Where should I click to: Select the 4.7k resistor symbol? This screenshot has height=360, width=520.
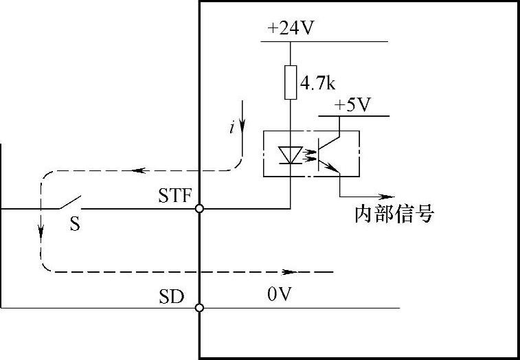point(290,83)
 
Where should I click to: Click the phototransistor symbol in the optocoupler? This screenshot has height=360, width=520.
point(330,153)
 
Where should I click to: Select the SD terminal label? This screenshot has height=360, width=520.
point(172,297)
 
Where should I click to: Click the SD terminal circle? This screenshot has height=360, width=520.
point(199,308)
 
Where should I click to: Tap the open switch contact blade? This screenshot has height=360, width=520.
point(68,203)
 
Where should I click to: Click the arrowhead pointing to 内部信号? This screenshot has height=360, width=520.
point(389,195)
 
